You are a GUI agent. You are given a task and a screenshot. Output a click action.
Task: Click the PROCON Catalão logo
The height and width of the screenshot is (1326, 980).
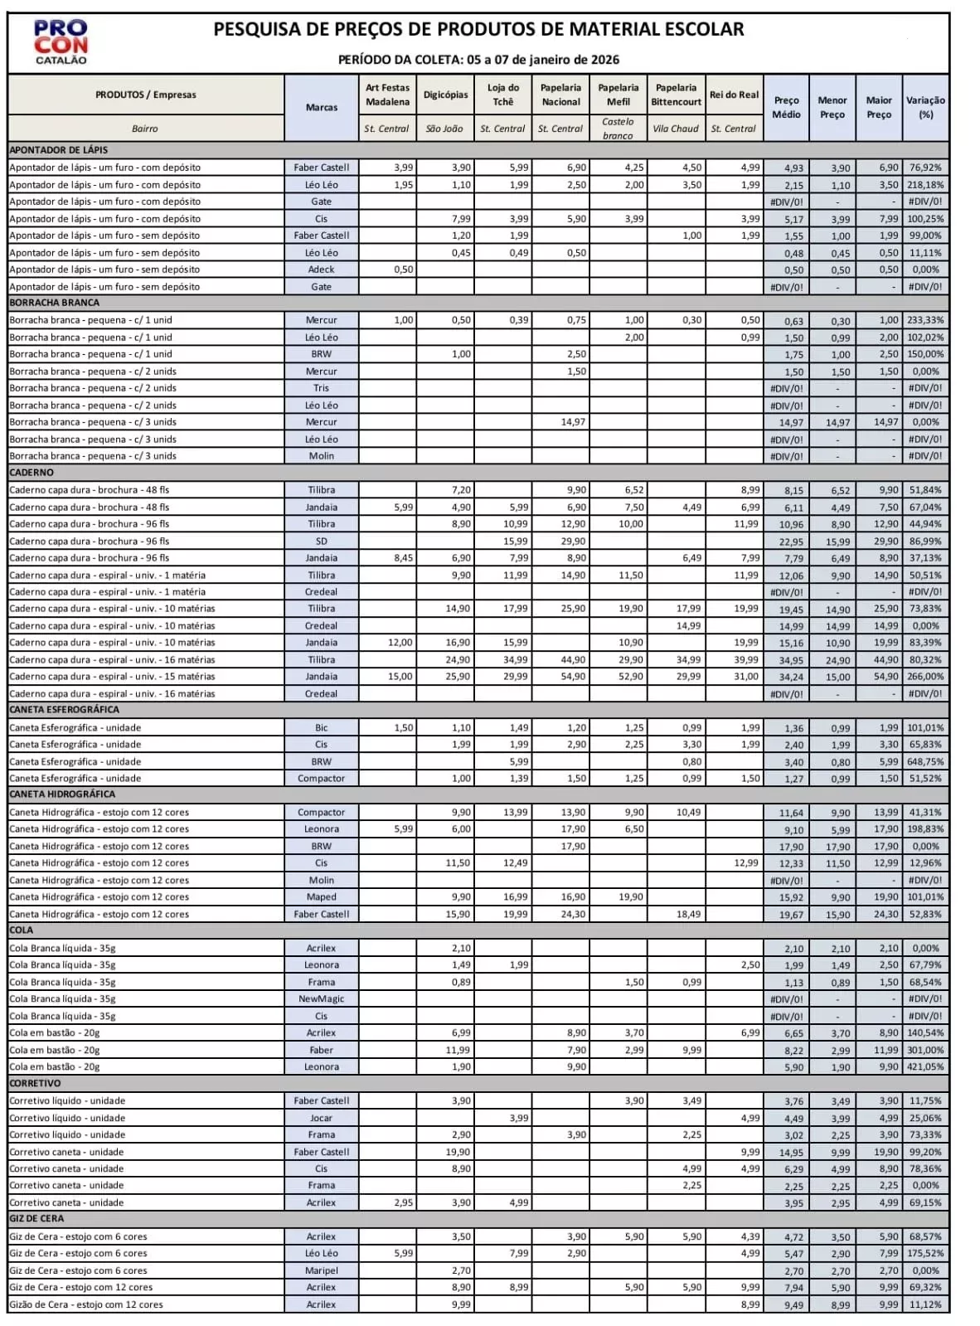tap(61, 42)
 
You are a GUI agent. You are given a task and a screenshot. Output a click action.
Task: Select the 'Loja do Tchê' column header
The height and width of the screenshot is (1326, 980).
tap(503, 95)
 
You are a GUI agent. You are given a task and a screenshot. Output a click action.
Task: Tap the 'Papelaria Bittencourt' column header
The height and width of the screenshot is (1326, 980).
tap(676, 95)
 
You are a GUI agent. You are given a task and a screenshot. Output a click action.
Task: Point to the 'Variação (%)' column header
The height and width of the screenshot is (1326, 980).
tap(925, 107)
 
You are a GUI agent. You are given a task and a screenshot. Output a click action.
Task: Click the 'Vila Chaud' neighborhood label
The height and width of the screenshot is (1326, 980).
tap(676, 129)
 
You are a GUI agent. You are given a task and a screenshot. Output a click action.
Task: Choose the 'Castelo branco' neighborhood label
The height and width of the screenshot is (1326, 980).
tap(618, 129)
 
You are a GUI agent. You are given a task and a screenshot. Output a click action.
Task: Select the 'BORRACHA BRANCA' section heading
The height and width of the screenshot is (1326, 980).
tap(55, 303)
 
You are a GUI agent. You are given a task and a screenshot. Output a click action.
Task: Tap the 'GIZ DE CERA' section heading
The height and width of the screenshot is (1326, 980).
tap(36, 1219)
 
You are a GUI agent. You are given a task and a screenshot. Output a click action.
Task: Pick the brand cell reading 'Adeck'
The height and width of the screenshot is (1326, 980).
tap(321, 270)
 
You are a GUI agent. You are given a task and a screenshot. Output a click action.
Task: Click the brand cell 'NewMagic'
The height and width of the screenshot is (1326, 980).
tap(321, 999)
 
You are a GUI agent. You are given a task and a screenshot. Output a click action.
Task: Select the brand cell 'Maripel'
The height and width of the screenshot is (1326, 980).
tap(321, 1270)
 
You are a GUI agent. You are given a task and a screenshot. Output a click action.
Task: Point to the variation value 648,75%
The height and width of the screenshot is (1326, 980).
tap(925, 761)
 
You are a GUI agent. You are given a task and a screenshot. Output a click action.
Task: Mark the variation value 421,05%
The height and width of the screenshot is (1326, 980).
tap(925, 1067)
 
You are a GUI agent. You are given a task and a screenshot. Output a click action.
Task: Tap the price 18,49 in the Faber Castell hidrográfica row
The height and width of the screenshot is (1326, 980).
tap(688, 914)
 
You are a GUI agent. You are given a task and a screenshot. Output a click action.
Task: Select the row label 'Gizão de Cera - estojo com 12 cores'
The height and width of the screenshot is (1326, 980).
tap(86, 1304)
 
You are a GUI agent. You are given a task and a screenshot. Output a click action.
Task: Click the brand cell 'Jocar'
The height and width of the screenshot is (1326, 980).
tap(321, 1118)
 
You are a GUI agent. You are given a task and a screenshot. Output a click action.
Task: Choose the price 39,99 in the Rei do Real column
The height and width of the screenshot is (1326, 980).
tap(745, 660)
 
